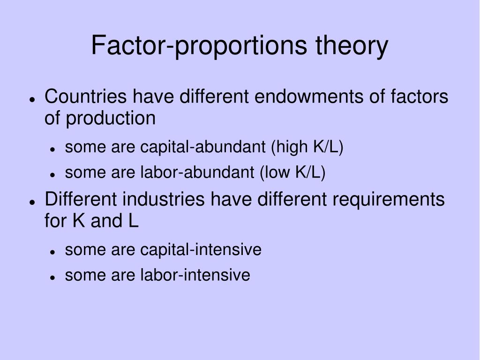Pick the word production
(111, 118)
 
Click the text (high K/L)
(307, 147)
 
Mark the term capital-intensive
(201, 249)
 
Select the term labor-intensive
(195, 275)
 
